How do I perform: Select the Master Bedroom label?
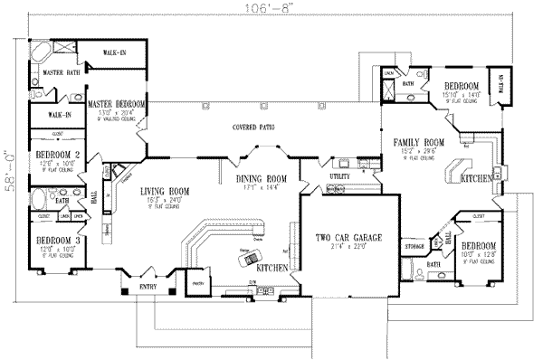(x=118, y=104)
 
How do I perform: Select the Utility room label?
(x=339, y=175)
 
